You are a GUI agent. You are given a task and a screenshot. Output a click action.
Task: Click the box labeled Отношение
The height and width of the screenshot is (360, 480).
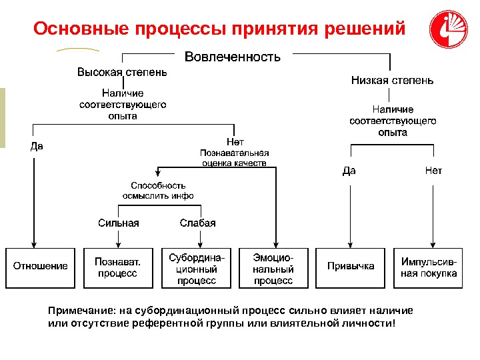(41, 267)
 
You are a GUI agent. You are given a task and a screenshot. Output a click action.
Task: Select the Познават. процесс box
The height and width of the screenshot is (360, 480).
(118, 267)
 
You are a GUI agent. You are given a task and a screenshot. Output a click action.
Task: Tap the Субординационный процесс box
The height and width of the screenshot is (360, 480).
(196, 267)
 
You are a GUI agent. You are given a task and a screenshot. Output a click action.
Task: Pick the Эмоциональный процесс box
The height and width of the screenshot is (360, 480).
(273, 267)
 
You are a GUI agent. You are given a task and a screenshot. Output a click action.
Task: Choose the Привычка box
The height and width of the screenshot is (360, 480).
(351, 267)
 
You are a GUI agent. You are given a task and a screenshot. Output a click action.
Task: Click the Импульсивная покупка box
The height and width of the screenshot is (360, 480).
(429, 267)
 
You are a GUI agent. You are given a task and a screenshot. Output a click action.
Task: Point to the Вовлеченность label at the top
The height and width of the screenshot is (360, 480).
(232, 57)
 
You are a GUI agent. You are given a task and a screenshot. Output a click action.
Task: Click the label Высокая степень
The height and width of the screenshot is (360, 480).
(122, 72)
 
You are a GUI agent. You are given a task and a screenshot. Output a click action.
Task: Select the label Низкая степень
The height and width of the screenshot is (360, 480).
(393, 81)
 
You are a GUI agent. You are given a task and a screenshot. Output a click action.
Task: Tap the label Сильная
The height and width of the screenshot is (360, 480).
(119, 223)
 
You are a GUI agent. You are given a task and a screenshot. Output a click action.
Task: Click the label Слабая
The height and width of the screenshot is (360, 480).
(198, 223)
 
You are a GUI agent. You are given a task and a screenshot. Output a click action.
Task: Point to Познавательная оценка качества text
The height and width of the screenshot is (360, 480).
(235, 157)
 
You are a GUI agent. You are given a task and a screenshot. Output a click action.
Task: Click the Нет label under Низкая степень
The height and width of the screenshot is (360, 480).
(433, 171)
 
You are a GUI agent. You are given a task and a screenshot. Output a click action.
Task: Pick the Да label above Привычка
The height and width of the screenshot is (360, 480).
(349, 171)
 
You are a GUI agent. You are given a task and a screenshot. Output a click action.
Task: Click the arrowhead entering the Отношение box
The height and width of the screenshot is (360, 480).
(33, 243)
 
